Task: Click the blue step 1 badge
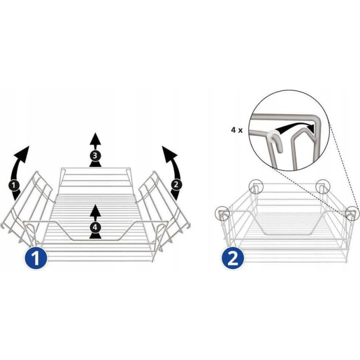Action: [x=36, y=258]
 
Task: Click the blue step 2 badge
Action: [x=233, y=258]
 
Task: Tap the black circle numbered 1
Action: [x=14, y=185]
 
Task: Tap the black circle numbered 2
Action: [x=176, y=184]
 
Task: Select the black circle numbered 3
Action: [x=95, y=156]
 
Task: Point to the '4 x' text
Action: [x=237, y=130]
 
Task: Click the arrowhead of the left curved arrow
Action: [x=22, y=153]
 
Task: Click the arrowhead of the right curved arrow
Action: [x=169, y=153]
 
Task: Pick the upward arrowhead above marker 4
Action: [x=95, y=211]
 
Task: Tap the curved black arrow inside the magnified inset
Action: [x=293, y=127]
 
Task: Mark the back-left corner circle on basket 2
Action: [x=256, y=187]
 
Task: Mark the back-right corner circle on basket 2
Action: [x=323, y=187]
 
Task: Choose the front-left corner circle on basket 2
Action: [x=222, y=213]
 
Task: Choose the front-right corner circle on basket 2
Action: [x=352, y=213]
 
